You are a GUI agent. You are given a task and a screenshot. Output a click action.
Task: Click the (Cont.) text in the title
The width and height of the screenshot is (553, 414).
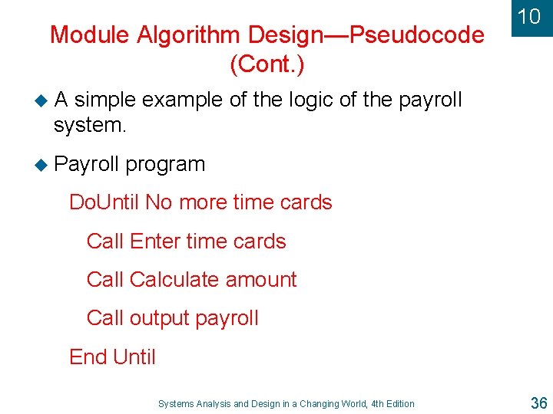(x=267, y=64)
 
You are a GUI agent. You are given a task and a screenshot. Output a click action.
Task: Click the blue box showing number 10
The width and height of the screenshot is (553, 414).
(x=529, y=17)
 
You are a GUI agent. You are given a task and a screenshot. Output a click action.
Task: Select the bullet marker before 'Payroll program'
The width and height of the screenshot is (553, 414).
(x=43, y=164)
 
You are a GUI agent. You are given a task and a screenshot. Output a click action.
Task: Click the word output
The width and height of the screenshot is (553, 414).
(x=157, y=318)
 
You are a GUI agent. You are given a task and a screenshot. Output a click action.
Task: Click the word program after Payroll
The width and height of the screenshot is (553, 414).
(x=166, y=164)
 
